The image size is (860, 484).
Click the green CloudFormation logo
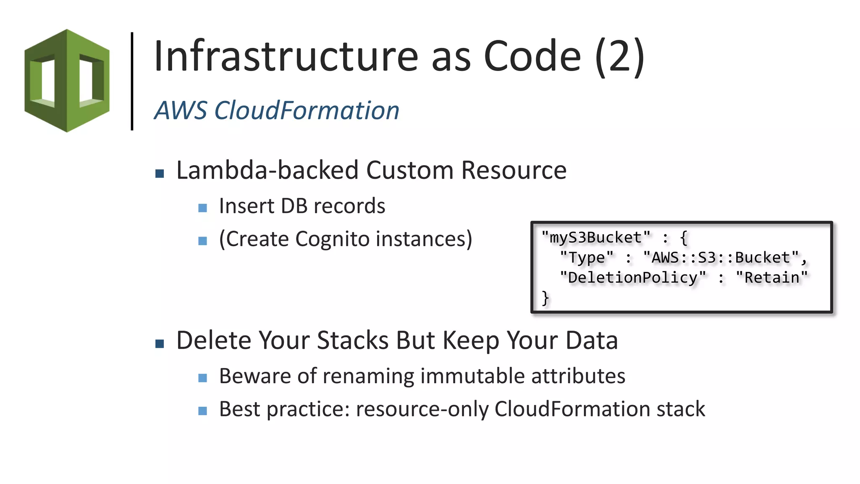click(67, 81)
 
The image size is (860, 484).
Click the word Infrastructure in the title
click(286, 56)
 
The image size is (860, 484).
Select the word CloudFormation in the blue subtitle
click(307, 110)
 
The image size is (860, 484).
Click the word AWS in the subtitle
click(181, 110)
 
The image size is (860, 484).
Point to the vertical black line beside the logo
click(132, 81)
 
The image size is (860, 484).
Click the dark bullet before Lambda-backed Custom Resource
click(160, 174)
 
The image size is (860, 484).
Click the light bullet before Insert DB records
click(203, 208)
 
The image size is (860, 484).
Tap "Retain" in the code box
click(772, 278)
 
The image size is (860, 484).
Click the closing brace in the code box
click(545, 298)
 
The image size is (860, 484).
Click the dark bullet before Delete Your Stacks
click(160, 344)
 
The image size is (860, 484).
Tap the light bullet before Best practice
click(203, 411)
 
